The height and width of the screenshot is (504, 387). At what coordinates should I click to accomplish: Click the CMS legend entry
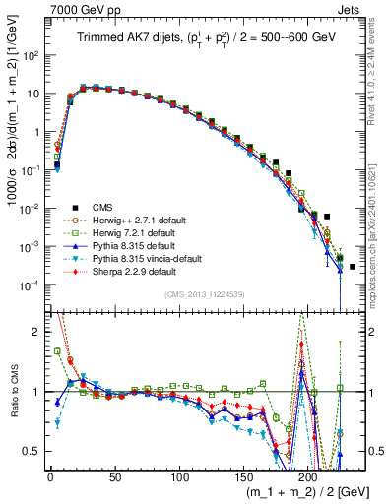click(102, 208)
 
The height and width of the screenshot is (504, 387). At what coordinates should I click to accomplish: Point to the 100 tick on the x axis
click(179, 473)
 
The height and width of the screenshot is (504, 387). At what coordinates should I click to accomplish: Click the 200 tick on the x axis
click(308, 473)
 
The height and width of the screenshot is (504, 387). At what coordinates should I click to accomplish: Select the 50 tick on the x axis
click(114, 473)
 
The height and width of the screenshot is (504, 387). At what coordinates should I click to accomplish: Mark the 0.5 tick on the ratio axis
click(33, 452)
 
